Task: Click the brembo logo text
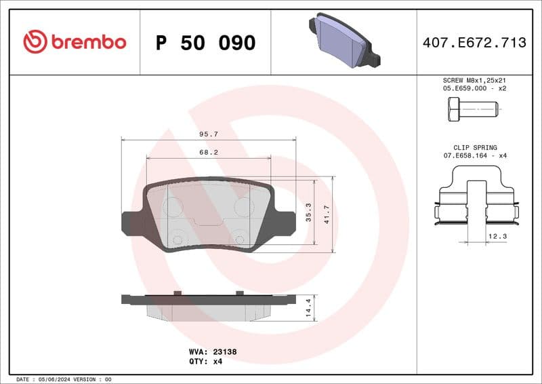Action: point(87,42)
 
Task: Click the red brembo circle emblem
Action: point(35,42)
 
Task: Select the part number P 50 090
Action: point(205,43)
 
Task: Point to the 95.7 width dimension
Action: point(208,134)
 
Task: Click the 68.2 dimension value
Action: point(208,153)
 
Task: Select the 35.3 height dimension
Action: point(309,212)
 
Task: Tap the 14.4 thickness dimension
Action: point(309,307)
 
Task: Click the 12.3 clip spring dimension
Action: point(497,236)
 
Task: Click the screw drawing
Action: point(472,109)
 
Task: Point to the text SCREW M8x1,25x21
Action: point(475,80)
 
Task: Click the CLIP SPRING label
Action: point(475,147)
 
